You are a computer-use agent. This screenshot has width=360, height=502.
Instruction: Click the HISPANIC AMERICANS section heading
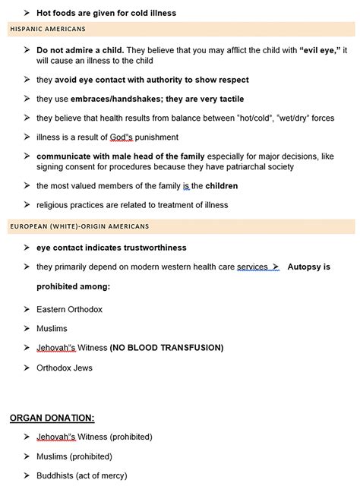47,29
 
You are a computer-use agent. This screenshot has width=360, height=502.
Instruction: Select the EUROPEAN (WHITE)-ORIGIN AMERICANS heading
79,226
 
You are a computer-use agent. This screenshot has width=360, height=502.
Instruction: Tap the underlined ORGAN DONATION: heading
52,418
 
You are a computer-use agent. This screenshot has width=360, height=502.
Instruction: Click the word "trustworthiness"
146,248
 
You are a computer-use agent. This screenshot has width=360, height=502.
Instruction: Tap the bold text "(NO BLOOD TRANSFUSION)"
166,348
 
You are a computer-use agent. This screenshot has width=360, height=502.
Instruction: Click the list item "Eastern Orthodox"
69,309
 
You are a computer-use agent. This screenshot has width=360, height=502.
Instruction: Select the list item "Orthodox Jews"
65,368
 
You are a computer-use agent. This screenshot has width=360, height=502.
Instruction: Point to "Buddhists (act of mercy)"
81,475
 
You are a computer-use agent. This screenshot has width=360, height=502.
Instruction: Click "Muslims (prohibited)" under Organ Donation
74,456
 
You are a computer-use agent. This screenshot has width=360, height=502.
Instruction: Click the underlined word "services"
252,267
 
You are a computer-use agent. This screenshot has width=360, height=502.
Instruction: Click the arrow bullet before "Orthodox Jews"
27,368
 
